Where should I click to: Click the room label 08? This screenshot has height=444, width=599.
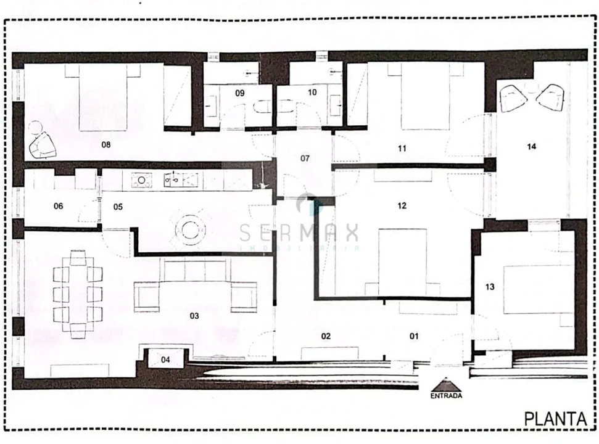106,146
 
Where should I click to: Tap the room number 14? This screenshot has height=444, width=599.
532,147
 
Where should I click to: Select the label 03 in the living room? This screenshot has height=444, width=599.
194,316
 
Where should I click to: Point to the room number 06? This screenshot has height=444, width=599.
59,207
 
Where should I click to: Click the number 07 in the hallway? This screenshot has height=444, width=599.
305,158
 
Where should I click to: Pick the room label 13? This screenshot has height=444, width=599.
490,287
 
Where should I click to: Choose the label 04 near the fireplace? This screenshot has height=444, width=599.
166,359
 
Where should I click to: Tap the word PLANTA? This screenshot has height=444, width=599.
555,419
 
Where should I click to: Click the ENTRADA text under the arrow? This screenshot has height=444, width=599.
445,396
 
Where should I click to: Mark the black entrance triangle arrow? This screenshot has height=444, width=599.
445,384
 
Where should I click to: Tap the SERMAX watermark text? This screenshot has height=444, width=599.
299,234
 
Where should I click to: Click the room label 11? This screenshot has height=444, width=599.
402,148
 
